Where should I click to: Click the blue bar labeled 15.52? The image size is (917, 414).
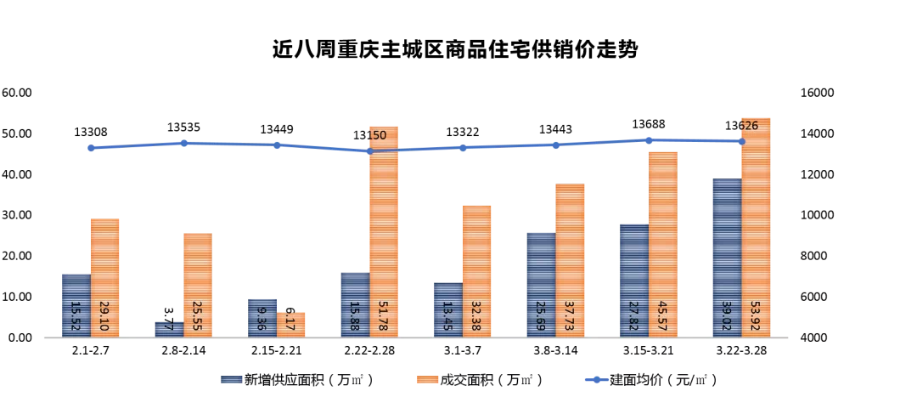[76, 305]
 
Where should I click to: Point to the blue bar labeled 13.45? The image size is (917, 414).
[448, 309]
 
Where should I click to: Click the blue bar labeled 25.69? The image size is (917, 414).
[541, 284]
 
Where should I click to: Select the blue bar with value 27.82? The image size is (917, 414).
[634, 280]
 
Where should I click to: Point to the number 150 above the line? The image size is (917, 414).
[376, 135]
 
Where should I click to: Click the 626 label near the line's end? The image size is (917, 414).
[748, 126]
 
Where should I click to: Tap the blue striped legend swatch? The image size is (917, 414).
[232, 379]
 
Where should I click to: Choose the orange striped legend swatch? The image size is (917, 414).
[428, 379]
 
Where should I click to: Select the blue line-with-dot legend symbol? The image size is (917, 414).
[597, 379]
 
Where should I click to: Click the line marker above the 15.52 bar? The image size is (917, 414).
[91, 148]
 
